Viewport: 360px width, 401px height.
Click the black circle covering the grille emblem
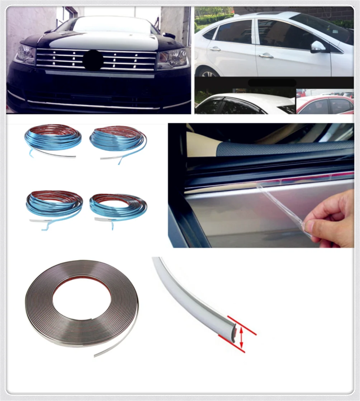click(x=94, y=60)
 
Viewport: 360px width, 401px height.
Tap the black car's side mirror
click(x=169, y=35)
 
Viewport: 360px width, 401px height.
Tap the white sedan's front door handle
click(x=266, y=55)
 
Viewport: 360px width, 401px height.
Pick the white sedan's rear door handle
click(x=215, y=48)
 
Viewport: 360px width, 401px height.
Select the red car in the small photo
click(x=325, y=106)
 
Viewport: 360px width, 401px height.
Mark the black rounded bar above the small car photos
click(x=272, y=83)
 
